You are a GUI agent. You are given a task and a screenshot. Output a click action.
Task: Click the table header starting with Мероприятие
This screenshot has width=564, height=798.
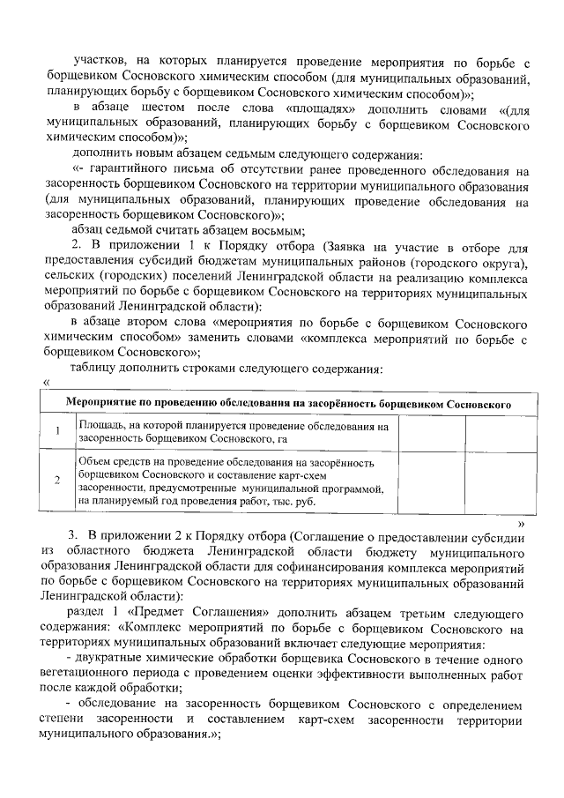pos(290,405)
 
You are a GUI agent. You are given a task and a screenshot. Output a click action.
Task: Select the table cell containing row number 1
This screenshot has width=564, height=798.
pos(57,431)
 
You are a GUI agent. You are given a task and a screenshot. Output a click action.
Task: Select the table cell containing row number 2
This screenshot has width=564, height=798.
pos(57,480)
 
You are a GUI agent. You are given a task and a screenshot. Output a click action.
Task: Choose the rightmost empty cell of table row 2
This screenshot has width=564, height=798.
pos(495,480)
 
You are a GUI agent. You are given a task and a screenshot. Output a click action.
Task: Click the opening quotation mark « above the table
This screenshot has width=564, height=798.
pos(45,381)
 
